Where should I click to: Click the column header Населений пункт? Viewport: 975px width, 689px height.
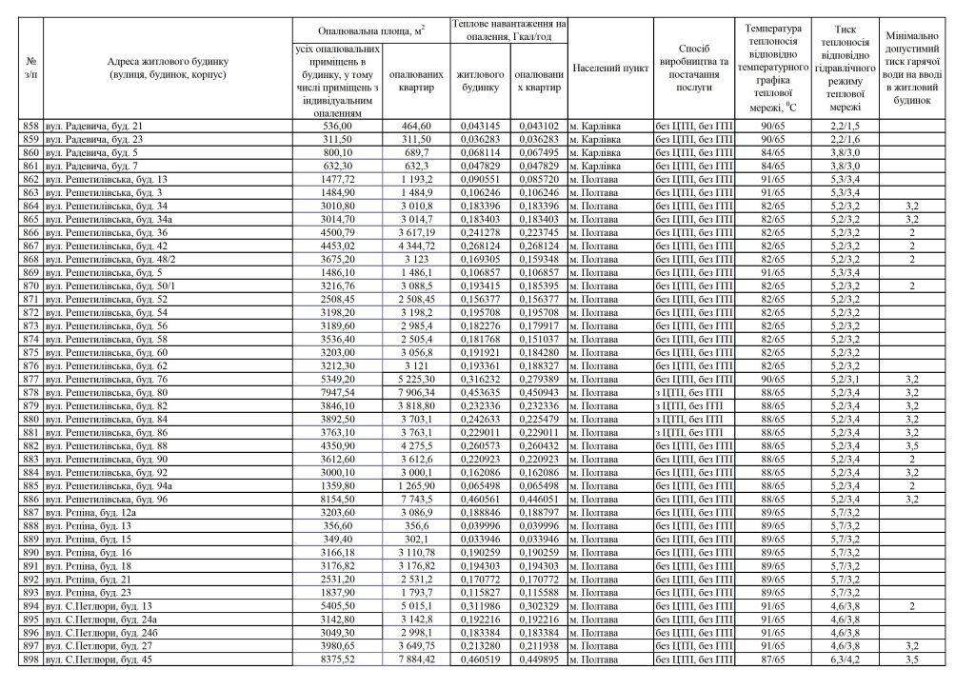pos(609,69)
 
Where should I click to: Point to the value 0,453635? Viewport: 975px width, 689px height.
pos(479,392)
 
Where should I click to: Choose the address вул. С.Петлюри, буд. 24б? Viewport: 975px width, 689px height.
pos(101,632)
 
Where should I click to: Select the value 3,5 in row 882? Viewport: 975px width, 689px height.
pos(911,445)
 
